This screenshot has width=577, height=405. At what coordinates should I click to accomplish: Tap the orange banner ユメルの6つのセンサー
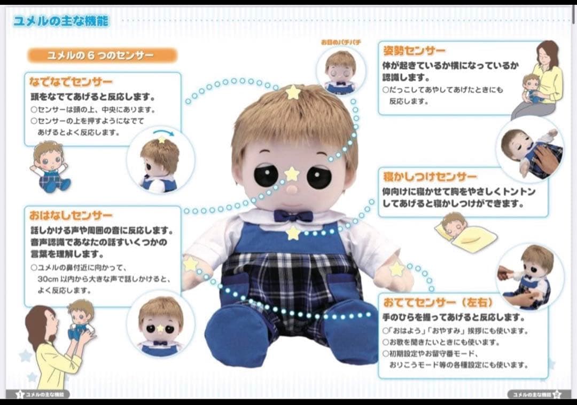click(x=102, y=55)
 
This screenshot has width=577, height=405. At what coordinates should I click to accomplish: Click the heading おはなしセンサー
click(x=71, y=216)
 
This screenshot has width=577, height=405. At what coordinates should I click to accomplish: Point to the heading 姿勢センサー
click(x=414, y=51)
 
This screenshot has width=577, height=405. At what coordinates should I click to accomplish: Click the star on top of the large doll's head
click(x=293, y=92)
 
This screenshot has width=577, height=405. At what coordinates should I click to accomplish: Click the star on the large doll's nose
click(x=292, y=174)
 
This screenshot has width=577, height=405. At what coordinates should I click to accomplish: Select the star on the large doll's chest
click(x=293, y=233)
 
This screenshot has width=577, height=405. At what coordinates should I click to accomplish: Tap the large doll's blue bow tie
click(x=293, y=216)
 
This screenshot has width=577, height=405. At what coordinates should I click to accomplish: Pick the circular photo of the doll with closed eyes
click(x=340, y=70)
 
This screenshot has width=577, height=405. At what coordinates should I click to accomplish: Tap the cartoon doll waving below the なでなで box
click(x=50, y=166)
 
